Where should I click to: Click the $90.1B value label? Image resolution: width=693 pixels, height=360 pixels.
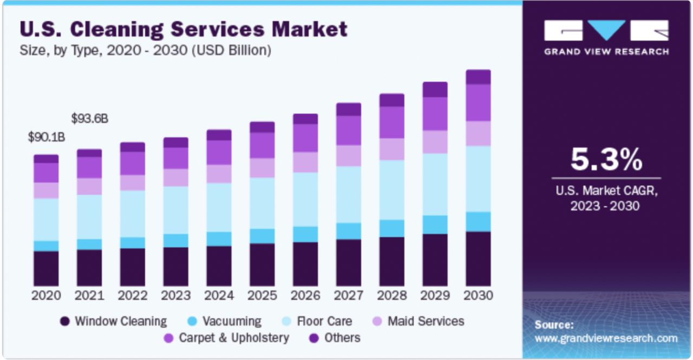point(47,137)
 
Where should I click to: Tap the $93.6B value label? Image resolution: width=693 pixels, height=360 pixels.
point(90,119)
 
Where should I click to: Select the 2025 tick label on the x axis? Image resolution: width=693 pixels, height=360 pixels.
point(262,296)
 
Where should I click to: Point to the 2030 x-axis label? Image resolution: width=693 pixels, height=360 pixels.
point(478,296)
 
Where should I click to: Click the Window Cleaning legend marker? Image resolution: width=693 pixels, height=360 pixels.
point(64,322)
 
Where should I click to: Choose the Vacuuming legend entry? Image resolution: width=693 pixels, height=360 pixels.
point(224,322)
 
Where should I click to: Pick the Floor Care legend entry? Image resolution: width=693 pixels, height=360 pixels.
point(317,322)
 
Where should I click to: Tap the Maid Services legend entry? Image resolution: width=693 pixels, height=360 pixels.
point(419,322)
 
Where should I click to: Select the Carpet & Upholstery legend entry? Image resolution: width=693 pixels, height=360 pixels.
point(226,338)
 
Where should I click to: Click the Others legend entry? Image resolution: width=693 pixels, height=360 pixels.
point(335,338)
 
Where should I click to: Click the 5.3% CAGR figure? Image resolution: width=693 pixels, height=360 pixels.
point(606,160)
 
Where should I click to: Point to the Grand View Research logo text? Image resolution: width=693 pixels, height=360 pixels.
point(606,51)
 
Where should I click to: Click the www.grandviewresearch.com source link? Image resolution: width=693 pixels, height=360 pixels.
point(606,338)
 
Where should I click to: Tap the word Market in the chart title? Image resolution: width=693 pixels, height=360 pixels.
point(310,29)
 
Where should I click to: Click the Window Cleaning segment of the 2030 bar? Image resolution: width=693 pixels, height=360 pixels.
point(478,259)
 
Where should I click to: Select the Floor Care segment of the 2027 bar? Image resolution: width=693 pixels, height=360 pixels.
point(349,194)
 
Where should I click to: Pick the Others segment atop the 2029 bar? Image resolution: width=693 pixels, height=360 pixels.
point(435,90)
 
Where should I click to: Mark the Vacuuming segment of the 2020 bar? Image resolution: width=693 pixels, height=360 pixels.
point(46,246)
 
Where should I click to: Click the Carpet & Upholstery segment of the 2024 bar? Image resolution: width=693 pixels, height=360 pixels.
point(219,153)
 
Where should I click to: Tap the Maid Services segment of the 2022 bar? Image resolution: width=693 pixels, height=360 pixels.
point(133,183)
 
